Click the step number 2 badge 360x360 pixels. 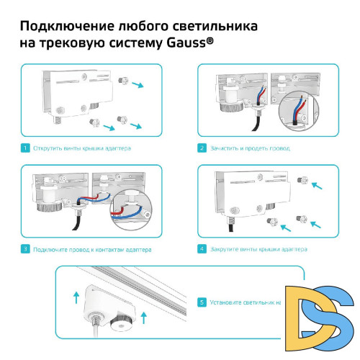tap(202, 148)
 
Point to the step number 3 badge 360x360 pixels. tap(24, 249)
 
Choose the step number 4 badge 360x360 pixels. tap(202, 249)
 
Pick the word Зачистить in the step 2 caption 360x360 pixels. tap(225, 148)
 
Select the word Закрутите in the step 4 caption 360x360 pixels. tap(225, 249)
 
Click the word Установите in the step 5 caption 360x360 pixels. tap(227, 302)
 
